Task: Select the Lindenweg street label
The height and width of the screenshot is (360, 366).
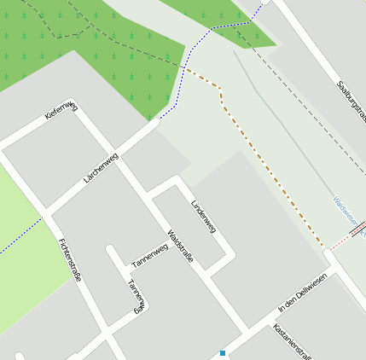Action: tap(203, 216)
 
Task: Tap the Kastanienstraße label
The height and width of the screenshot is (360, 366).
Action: tap(294, 340)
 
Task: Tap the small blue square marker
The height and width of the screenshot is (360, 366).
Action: tap(223, 353)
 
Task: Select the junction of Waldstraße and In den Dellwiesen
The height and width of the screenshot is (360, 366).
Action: tap(248, 332)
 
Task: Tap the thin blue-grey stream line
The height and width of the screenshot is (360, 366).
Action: tap(282, 119)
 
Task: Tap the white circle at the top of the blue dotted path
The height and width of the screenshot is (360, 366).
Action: tap(264, 2)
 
